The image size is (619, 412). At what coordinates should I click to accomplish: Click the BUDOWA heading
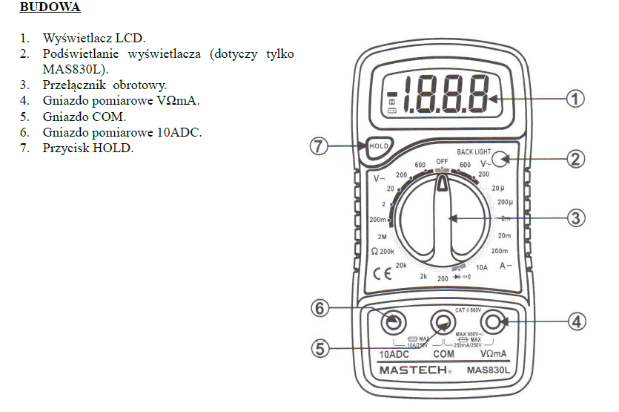pos(50,8)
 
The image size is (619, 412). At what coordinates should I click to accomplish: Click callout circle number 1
pos(575,98)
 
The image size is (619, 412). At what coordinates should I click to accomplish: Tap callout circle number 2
pos(575,157)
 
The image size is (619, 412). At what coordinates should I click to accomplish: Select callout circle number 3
pos(575,218)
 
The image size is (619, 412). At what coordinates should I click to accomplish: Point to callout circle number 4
pos(575,321)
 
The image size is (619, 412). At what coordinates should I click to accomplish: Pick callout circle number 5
pos(320,348)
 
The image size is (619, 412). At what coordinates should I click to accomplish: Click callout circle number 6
pos(320,308)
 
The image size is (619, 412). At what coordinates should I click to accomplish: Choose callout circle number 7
pos(320,146)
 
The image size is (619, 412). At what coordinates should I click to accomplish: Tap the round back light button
pos(502,157)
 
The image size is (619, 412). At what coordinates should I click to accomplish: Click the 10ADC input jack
pos(394,321)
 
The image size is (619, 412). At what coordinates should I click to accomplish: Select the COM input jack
pos(443,322)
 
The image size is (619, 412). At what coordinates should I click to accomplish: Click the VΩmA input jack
pos(491,321)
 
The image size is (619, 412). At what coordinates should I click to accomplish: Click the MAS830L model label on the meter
pos(489,369)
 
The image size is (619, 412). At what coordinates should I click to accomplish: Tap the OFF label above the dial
pos(443,161)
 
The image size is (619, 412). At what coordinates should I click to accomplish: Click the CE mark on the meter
pos(382,272)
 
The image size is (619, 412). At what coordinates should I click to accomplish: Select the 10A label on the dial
pos(482,267)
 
